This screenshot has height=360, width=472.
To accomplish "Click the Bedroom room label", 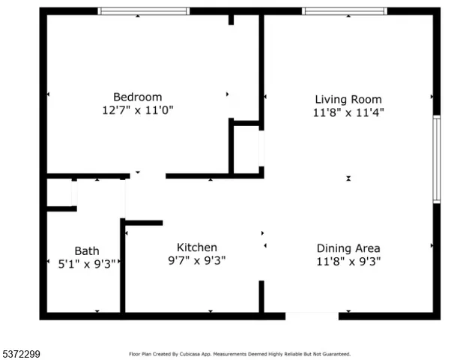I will [137, 97].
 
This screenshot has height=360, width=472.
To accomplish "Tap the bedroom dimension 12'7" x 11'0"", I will [137, 109].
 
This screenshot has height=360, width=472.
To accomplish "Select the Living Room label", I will [348, 99].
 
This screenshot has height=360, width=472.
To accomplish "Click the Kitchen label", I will [196, 247].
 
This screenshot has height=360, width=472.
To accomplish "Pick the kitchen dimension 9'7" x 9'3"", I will [196, 260].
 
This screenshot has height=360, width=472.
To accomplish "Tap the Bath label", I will [86, 250].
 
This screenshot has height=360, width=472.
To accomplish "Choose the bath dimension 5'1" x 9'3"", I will [86, 263].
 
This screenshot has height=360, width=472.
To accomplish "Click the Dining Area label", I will [348, 248].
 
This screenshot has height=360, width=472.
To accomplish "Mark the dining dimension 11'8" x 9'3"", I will [348, 261].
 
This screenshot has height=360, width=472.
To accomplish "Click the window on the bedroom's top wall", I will [144, 11].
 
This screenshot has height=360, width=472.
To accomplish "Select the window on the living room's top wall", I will [344, 11].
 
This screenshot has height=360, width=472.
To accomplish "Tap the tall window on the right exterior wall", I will [436, 158].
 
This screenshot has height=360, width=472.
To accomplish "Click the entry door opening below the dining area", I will [312, 316].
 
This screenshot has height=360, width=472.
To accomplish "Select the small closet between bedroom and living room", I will [246, 148].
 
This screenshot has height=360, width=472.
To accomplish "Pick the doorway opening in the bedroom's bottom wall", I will [148, 176].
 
